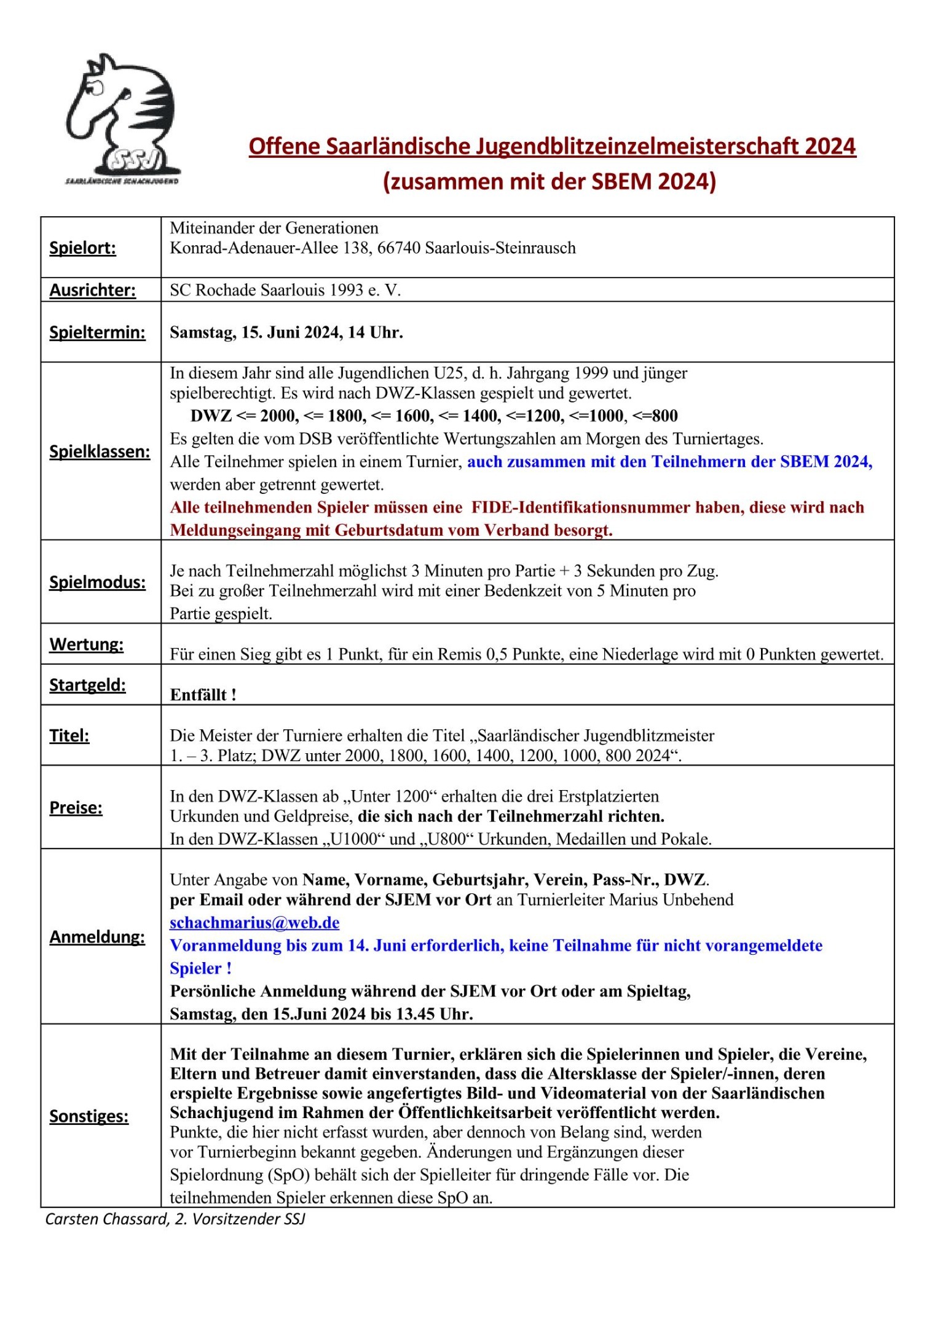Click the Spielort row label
pos(82,248)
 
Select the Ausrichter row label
pos(92,290)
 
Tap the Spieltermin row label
pos(97,332)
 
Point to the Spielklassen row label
pos(100,452)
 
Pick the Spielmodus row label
pos(97,582)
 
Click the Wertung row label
pos(86,644)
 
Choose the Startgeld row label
pos(87,685)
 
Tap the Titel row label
pos(69,735)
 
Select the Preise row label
pos(76,807)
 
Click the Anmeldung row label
pos(97,937)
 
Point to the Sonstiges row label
pos(89,1116)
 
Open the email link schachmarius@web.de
pos(254,923)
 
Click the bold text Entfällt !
pos(203,695)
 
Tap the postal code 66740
pos(398,248)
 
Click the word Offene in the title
pos(284,146)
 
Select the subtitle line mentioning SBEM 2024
pos(550,181)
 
